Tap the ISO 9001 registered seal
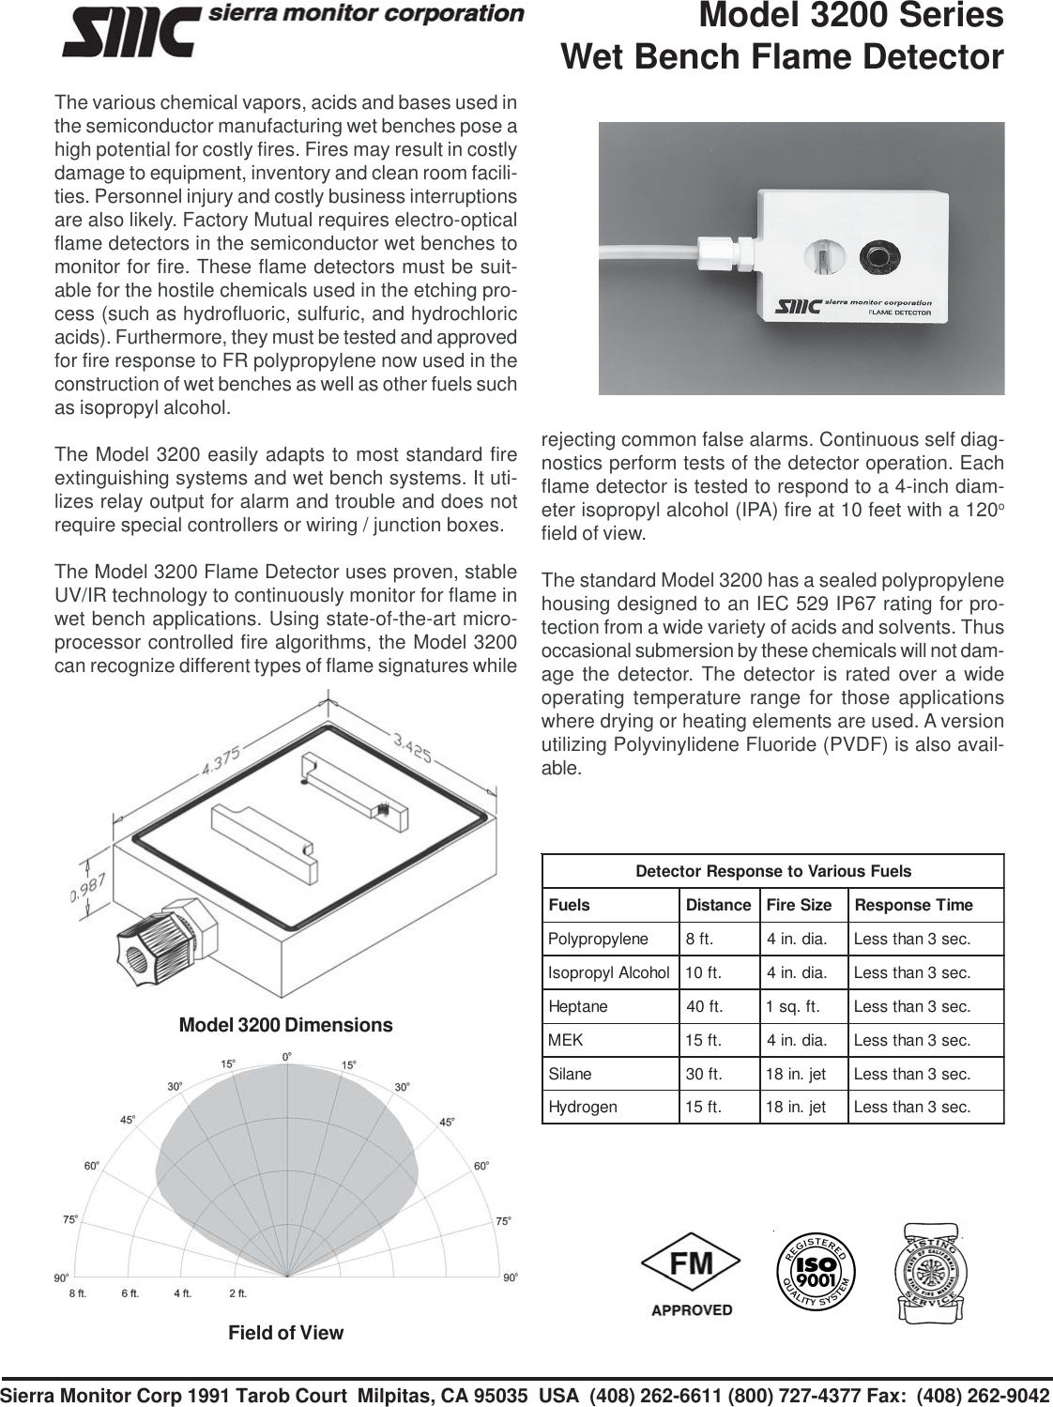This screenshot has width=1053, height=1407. pos(816,1272)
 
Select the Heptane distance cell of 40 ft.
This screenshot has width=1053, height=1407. pos(705,1006)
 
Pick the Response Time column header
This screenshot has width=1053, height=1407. pos(913,905)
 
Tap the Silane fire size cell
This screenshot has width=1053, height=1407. pos(796,1074)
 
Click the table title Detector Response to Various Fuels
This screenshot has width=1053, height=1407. pos(773,871)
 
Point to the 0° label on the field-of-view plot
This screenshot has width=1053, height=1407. pos(287,1057)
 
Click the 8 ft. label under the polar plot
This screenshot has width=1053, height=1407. pos(78,1292)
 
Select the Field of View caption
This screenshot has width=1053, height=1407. pos(286,1333)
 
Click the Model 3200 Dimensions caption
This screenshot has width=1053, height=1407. pos(285,1025)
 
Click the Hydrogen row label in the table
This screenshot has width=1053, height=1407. pos(583,1107)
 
